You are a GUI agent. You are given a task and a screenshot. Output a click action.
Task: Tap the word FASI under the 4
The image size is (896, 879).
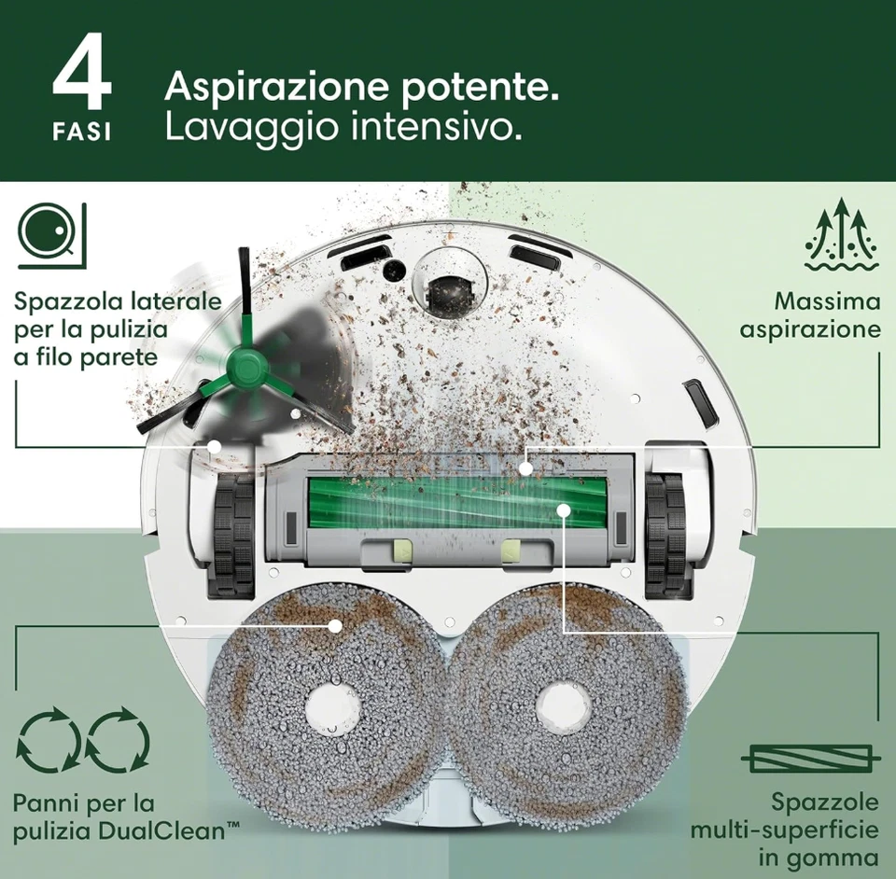(x=81, y=132)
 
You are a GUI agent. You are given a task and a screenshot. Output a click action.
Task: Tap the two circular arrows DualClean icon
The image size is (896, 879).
(x=84, y=740)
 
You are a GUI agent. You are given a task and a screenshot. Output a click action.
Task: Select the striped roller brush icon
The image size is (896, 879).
(x=810, y=759)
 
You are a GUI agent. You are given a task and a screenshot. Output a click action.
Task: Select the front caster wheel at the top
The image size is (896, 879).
(x=447, y=288)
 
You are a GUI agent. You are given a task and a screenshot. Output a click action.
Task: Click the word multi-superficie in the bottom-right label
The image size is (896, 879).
(x=784, y=830)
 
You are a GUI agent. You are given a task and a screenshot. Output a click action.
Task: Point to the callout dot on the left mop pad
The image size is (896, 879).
(x=334, y=625)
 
